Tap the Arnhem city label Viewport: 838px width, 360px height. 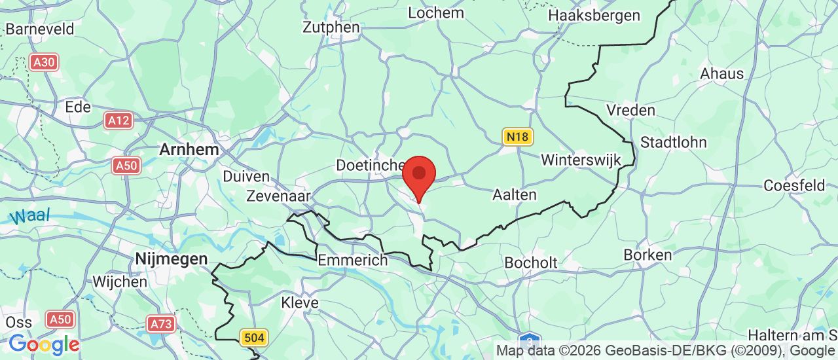[x=189, y=149]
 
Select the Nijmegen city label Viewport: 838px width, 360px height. [x=172, y=259]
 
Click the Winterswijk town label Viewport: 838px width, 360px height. [x=581, y=160]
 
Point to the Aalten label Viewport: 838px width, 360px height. [x=514, y=194]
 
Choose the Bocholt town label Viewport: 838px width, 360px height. [x=531, y=262]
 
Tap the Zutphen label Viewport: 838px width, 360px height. [x=331, y=27]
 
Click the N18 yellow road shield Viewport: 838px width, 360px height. [x=518, y=137]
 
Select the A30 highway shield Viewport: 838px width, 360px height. [x=45, y=62]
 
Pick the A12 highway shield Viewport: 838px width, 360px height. [x=118, y=120]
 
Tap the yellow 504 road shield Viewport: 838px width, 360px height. [x=254, y=338]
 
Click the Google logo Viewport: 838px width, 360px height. [x=44, y=344]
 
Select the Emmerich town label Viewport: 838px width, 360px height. [x=352, y=260]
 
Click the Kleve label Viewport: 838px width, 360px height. [x=299, y=302]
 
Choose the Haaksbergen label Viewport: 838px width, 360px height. [x=594, y=15]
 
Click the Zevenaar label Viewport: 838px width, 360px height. [x=278, y=196]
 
